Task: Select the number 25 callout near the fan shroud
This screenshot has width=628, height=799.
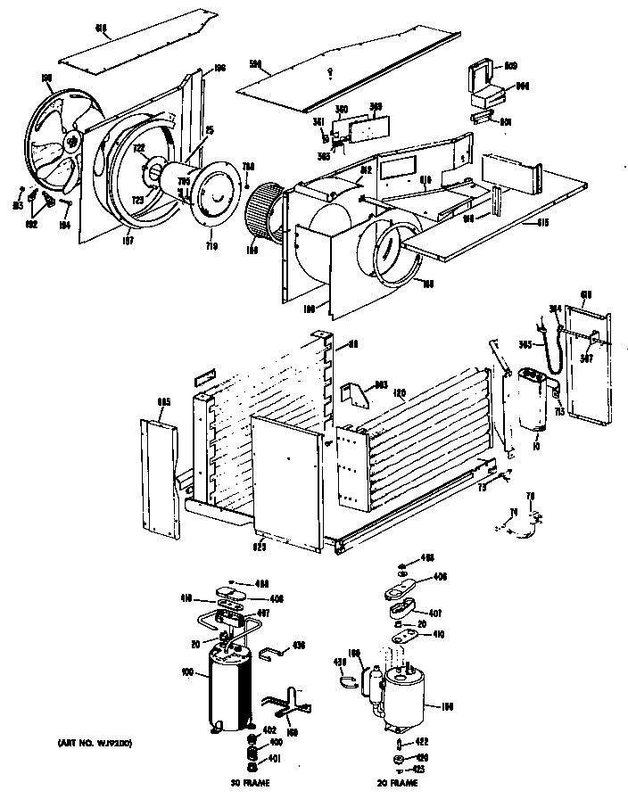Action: pyautogui.click(x=211, y=129)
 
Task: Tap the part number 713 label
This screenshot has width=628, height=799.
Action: pyautogui.click(x=559, y=412)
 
